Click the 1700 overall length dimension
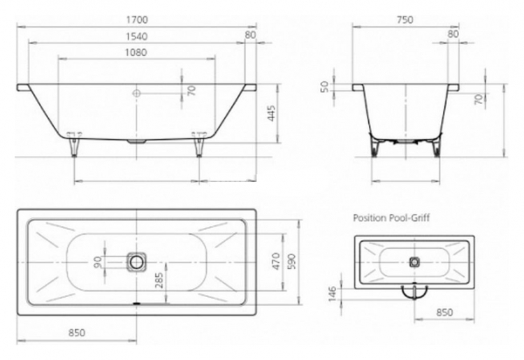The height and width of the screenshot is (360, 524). tap(137, 20)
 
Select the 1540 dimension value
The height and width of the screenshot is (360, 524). tap(137, 36)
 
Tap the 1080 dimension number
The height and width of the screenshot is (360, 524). tap(136, 52)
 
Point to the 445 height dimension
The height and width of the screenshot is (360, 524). tap(271, 113)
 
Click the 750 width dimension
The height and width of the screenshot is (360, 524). tap(405, 20)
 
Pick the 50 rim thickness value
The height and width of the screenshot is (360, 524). tap(324, 87)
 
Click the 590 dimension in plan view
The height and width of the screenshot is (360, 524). tap(291, 262)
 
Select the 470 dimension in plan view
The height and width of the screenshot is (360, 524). tap(276, 261)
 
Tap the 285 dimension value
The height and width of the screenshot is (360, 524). tap(159, 280)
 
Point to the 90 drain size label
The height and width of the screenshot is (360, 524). tap(98, 261)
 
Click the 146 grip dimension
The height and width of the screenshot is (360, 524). tap(333, 294)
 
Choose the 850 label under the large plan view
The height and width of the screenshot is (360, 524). tap(77, 333)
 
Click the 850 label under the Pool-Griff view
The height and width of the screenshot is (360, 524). tap(445, 312)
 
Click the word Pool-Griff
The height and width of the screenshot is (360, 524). tap(409, 218)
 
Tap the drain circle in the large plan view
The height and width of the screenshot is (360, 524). tap(136, 262)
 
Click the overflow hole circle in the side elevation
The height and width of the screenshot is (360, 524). tap(136, 93)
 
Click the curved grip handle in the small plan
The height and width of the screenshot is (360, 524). tap(414, 292)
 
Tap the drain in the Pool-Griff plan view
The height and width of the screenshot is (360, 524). tap(414, 261)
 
